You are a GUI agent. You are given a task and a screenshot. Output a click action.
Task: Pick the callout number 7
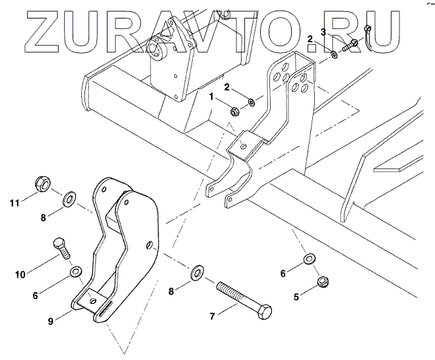213,316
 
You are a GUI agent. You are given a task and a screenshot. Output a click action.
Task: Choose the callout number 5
296,297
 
